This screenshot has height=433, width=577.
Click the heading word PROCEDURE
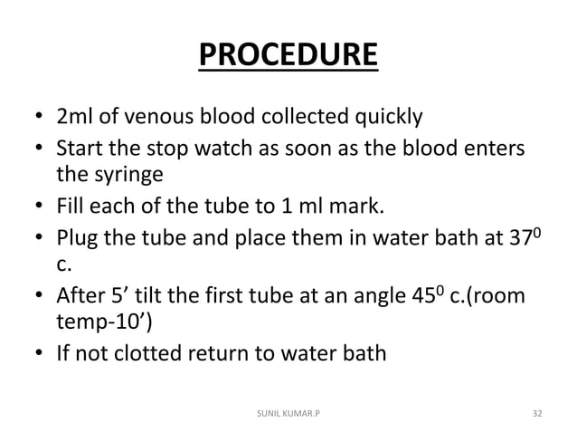[288, 57]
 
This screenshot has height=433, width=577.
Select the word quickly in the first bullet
[380, 118]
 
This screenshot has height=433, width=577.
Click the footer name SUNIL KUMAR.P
[288, 412]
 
